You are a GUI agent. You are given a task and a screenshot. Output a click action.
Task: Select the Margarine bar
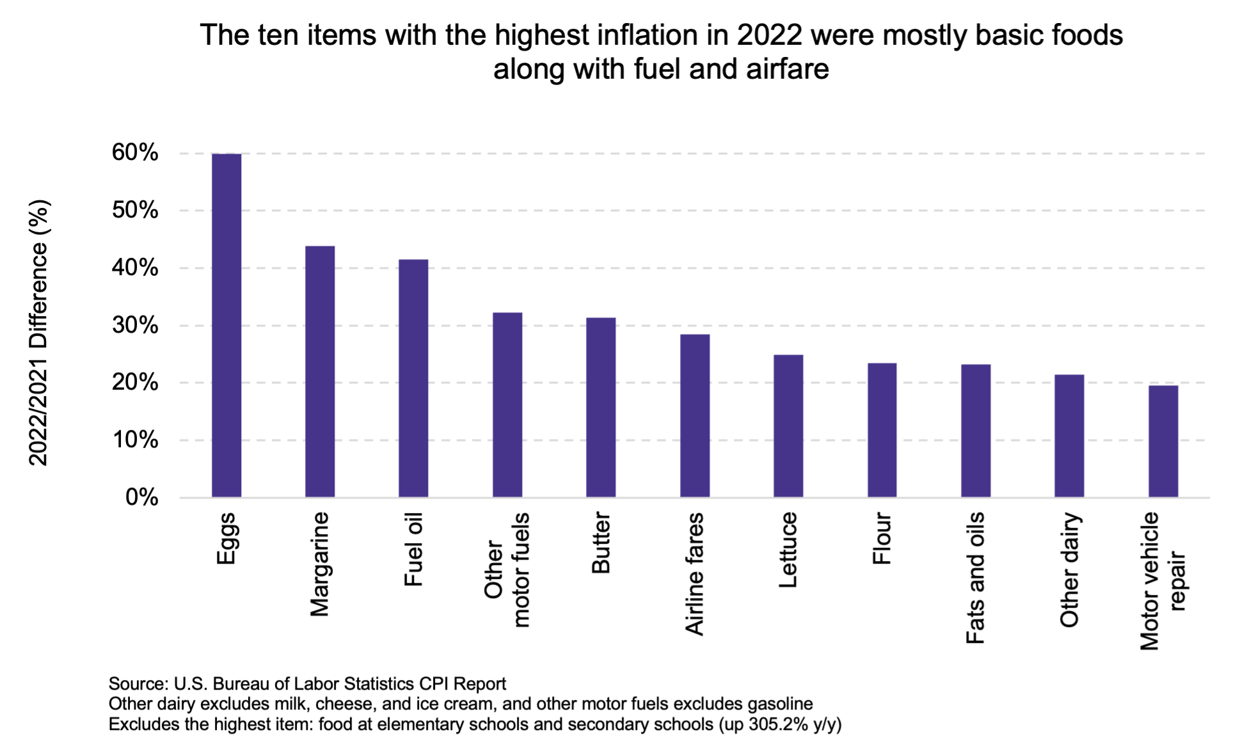coord(320,371)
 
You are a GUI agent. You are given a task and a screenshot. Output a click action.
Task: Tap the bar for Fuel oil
coord(413,378)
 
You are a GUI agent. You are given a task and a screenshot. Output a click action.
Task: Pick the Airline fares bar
coord(695,415)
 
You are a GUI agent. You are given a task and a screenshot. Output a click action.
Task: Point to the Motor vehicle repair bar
coord(1163,441)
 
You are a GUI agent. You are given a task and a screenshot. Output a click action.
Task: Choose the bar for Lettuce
coord(788,425)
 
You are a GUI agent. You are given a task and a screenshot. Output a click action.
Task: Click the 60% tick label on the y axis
coord(135,152)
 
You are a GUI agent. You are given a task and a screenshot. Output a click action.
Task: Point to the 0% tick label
coord(141,497)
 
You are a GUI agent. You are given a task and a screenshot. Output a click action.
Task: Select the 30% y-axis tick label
coord(135,325)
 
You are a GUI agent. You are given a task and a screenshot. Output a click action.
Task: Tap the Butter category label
coord(601,543)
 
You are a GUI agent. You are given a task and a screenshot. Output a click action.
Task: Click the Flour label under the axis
coord(882,538)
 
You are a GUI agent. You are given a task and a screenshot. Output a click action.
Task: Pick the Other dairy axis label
coord(1069,569)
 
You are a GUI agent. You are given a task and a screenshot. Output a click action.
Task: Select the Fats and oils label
coord(976,578)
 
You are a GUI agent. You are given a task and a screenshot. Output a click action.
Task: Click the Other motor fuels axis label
coord(507,569)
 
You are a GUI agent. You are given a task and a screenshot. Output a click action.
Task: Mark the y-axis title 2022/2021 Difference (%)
coord(38,333)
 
